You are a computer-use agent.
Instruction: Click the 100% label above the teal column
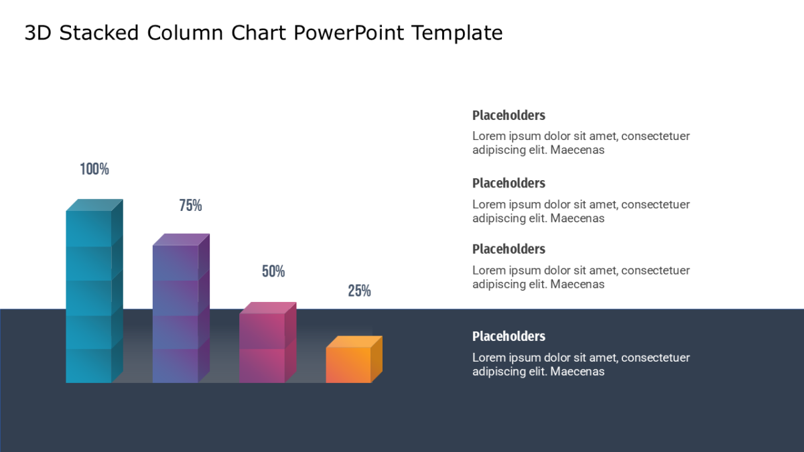[x=94, y=169]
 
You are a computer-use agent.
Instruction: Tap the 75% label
[x=190, y=206]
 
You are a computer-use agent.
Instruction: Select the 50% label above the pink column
[x=273, y=271]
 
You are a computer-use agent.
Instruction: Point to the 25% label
[x=359, y=291]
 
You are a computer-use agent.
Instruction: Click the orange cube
[x=354, y=360]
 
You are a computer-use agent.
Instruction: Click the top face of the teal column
[x=94, y=205]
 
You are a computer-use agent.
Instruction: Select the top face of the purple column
[x=181, y=240]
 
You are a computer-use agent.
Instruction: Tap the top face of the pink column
[x=268, y=308]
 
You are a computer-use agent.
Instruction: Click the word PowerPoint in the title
[x=349, y=33]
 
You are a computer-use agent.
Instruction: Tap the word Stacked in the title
[x=99, y=33]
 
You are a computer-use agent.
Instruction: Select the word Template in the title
[x=457, y=33]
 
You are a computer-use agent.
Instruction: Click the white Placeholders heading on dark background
[x=509, y=336]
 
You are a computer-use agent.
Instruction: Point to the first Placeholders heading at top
[x=509, y=115]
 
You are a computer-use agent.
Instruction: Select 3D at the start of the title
[x=38, y=33]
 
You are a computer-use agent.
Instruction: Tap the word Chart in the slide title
[x=259, y=33]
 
